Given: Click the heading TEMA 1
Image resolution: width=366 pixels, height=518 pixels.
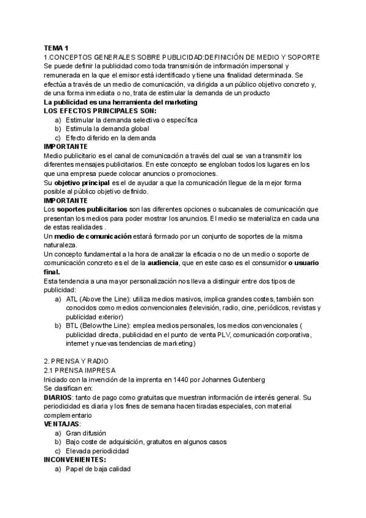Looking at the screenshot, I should [56, 48].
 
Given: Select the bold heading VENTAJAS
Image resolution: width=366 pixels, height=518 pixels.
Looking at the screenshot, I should [62, 423].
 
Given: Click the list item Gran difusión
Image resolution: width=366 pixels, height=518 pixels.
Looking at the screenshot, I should [90, 432].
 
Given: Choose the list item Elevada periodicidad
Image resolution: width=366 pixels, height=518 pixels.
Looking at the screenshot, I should [97, 450].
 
